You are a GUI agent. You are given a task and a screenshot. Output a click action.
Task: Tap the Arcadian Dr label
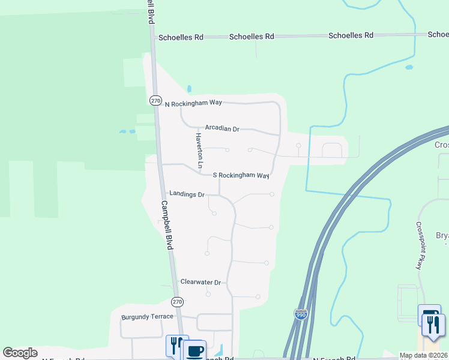coord(221,128)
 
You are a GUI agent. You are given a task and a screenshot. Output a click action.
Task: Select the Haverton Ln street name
coord(199,151)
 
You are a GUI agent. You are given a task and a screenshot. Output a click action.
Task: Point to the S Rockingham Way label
coord(241,175)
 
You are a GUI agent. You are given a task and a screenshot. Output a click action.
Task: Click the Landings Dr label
coord(187,194)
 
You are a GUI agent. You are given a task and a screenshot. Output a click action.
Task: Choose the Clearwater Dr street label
coord(200,282)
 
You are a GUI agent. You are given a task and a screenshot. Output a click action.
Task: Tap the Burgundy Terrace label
coord(147,316)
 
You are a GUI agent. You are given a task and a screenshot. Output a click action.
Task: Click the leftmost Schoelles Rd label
coord(181,37)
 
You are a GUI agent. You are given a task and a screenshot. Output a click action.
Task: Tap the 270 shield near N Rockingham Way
coord(155,101)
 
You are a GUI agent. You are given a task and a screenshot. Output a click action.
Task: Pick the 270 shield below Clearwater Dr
coord(176,301)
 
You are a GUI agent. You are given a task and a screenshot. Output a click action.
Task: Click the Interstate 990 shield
coord(301,314)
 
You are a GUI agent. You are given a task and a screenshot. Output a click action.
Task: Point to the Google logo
coord(20,353)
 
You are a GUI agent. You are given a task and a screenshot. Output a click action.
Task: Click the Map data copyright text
coord(423,356)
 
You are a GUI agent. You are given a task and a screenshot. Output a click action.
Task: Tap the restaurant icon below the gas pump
coord(433,325)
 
